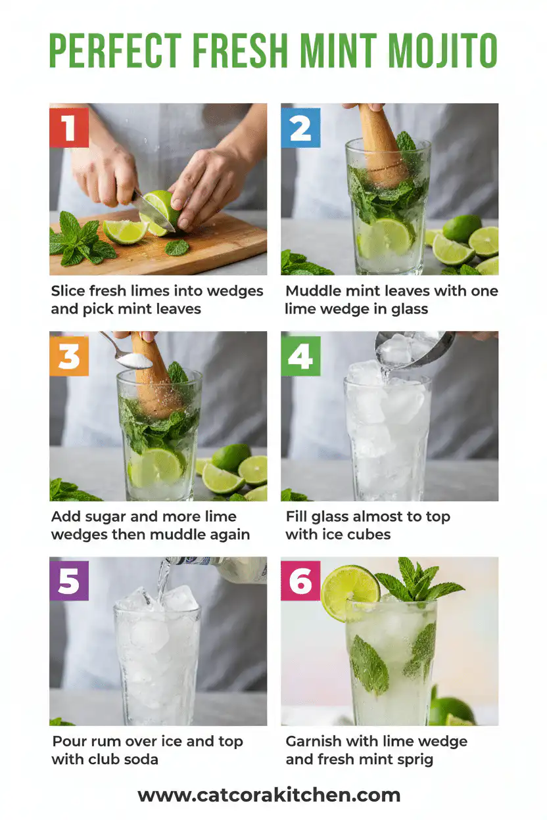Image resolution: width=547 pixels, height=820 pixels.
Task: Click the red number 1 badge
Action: click(x=69, y=127)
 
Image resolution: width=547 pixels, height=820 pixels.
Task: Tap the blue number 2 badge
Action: click(x=300, y=127)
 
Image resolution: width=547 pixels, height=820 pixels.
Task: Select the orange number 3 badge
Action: click(x=69, y=355)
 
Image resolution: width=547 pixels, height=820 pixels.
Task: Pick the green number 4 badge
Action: click(x=300, y=355)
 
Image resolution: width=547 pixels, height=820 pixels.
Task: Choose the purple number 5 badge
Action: click(x=69, y=581)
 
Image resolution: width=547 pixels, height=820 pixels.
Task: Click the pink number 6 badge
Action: click(x=300, y=581)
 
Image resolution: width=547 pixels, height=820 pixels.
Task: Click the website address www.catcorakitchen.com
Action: click(x=269, y=795)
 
